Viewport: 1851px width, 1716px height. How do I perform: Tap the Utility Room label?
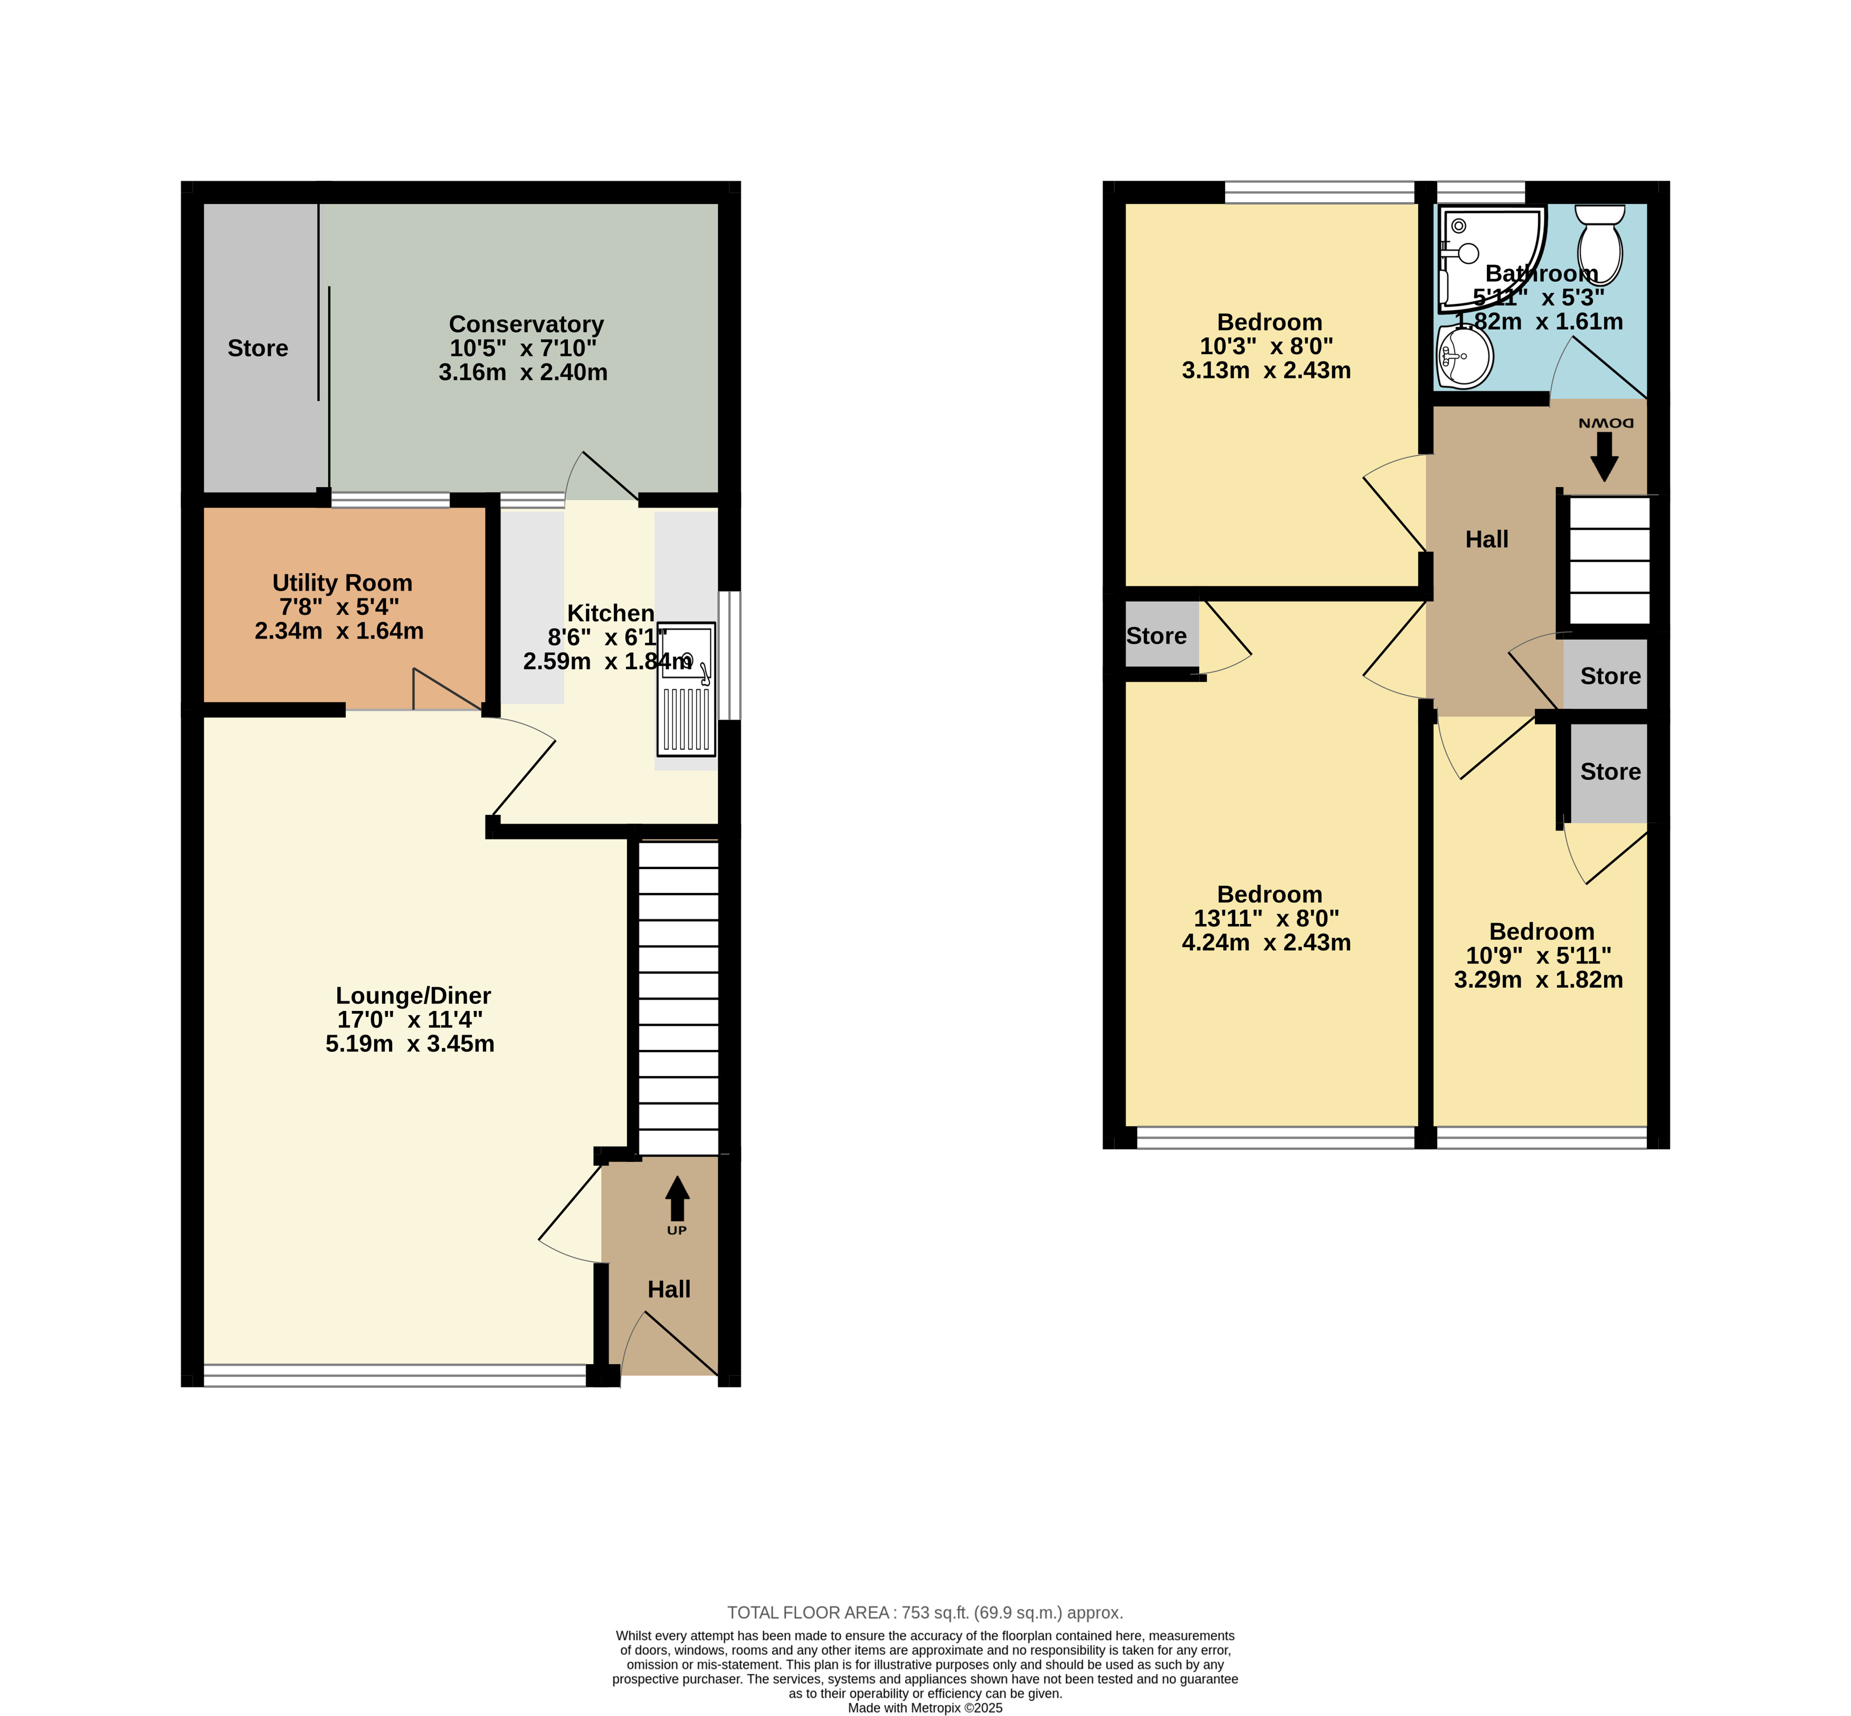(342, 583)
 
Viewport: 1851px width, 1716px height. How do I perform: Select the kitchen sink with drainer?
(686, 688)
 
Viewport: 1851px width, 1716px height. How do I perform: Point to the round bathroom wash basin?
(1465, 358)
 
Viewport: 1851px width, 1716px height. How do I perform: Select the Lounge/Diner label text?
(413, 995)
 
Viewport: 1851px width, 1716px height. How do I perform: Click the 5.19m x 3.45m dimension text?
(410, 1044)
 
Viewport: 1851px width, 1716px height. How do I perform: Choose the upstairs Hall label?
(1487, 539)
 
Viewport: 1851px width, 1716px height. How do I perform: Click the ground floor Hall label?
(669, 1290)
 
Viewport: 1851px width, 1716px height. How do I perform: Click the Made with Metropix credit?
(925, 1708)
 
